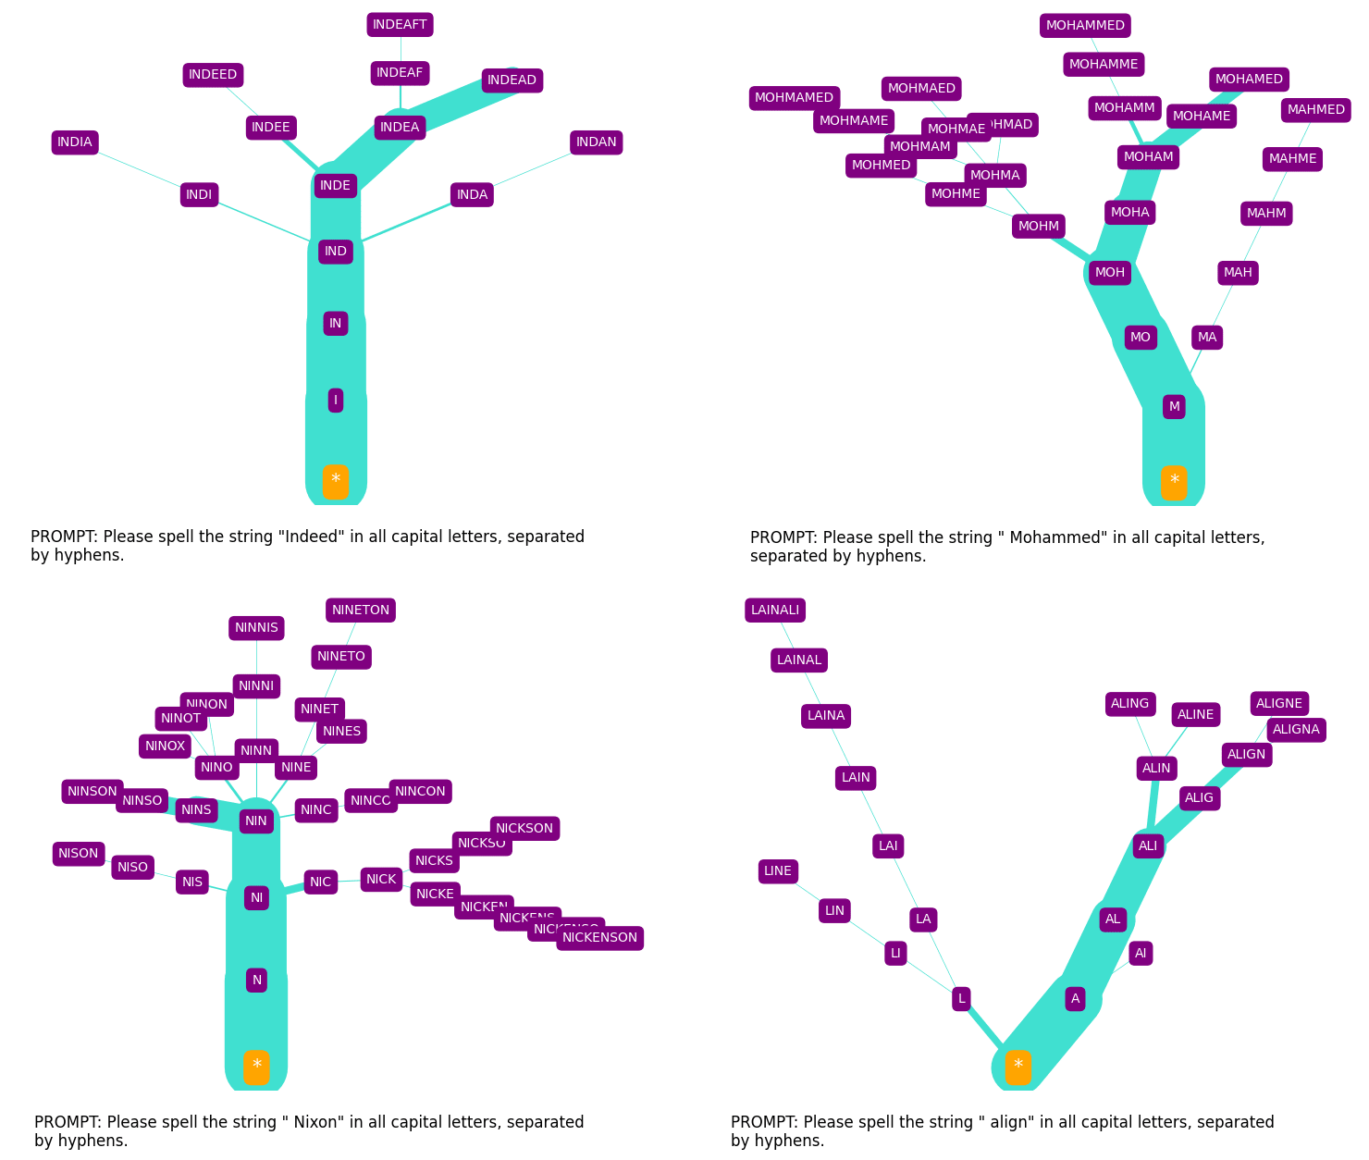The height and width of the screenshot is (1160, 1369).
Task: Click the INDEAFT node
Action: [x=400, y=25]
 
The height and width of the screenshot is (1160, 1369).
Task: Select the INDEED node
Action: [x=213, y=75]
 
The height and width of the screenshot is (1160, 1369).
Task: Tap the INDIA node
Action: [x=75, y=142]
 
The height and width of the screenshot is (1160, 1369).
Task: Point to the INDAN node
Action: [x=596, y=142]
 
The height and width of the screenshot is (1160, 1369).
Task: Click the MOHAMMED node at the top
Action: [x=1085, y=26]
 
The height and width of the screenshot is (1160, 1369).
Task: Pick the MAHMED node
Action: [x=1315, y=110]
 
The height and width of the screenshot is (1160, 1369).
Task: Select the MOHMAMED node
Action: [x=794, y=98]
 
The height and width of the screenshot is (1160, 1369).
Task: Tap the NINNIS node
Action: [x=256, y=628]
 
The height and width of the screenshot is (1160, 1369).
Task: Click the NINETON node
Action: [x=361, y=611]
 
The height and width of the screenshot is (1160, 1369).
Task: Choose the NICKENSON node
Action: [x=599, y=938]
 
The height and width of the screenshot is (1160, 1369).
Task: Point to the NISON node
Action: [x=79, y=854]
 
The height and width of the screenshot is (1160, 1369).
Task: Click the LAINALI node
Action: [x=775, y=611]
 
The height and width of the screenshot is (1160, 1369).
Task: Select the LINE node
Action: [x=777, y=871]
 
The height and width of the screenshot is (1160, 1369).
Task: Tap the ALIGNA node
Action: [x=1296, y=730]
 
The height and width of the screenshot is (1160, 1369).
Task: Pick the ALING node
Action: [x=1129, y=704]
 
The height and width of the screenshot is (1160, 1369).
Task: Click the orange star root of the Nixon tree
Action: [x=256, y=1067]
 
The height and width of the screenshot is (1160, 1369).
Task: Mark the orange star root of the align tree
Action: [x=1017, y=1067]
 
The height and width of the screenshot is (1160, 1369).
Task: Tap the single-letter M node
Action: [x=1174, y=407]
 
